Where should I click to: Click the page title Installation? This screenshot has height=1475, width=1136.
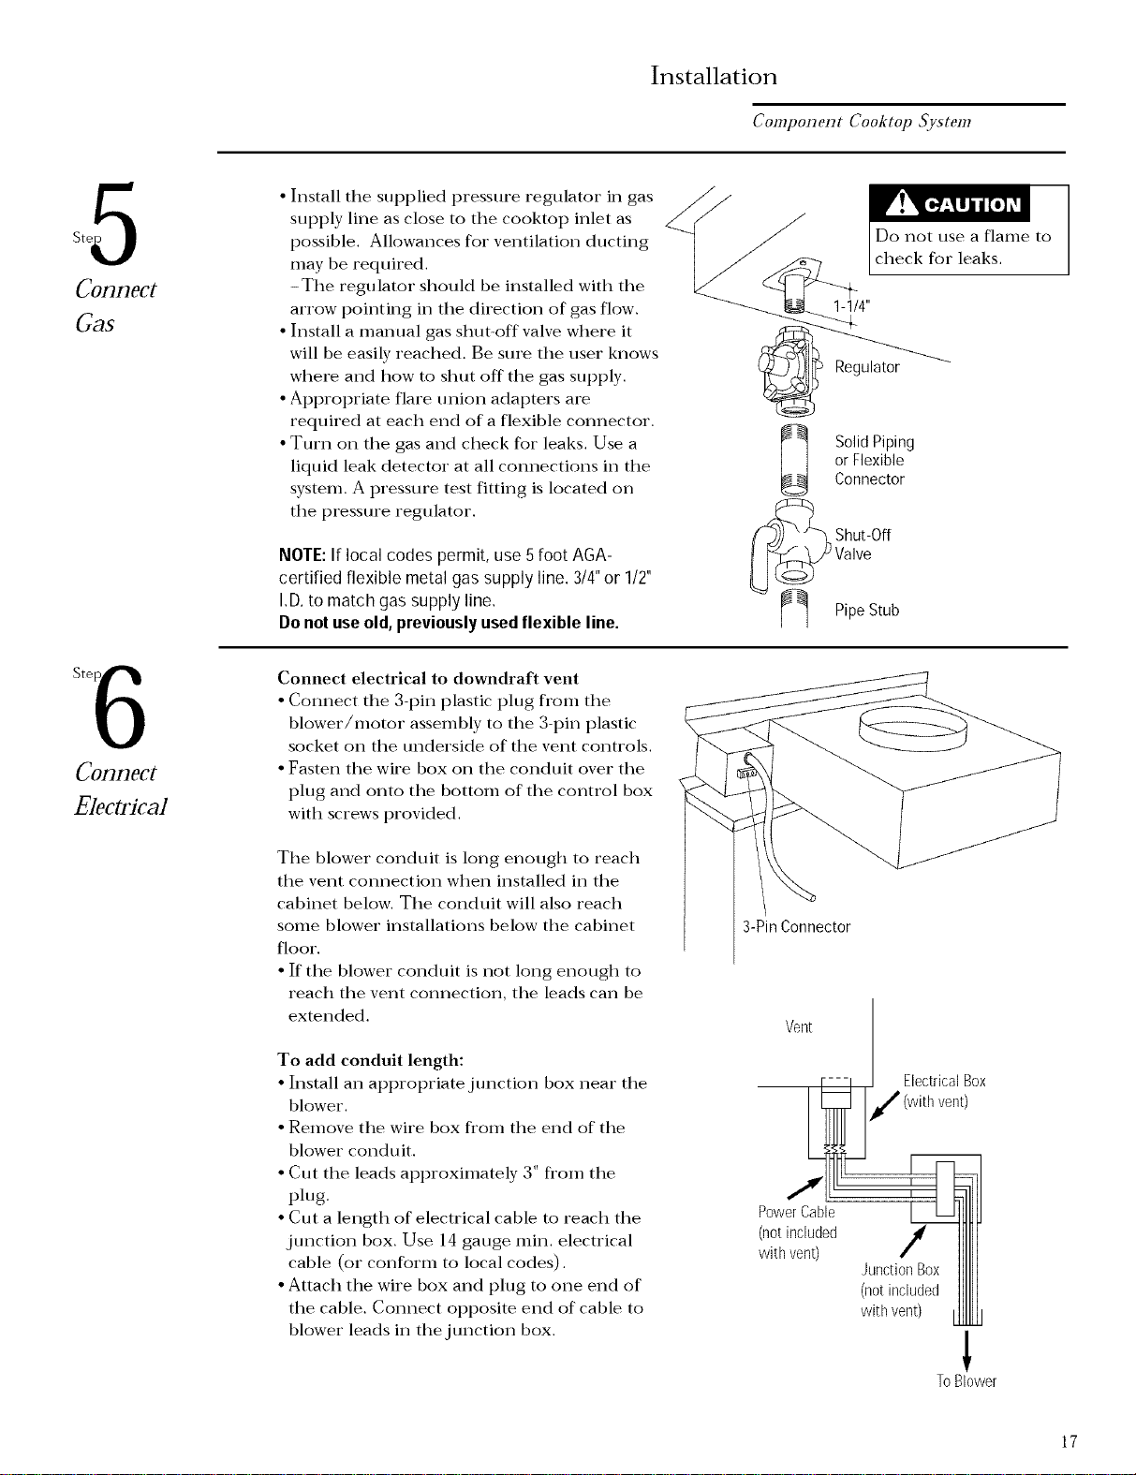[714, 76]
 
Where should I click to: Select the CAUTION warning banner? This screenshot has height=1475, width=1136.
[950, 203]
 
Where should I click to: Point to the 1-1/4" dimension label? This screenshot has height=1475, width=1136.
[851, 306]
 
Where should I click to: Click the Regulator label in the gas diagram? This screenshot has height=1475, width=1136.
[866, 367]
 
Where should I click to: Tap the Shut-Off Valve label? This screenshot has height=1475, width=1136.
[863, 544]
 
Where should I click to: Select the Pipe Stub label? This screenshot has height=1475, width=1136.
[866, 611]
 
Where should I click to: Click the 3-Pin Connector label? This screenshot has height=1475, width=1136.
[796, 927]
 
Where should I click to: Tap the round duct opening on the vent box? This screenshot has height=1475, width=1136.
[913, 730]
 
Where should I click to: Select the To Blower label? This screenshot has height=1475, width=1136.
[966, 1381]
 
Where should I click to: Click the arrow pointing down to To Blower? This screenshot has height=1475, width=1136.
[967, 1351]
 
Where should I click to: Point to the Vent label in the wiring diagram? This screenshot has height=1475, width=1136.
[798, 1027]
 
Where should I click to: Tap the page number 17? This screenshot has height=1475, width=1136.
[1069, 1441]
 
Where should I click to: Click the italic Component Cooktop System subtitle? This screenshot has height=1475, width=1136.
[862, 122]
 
